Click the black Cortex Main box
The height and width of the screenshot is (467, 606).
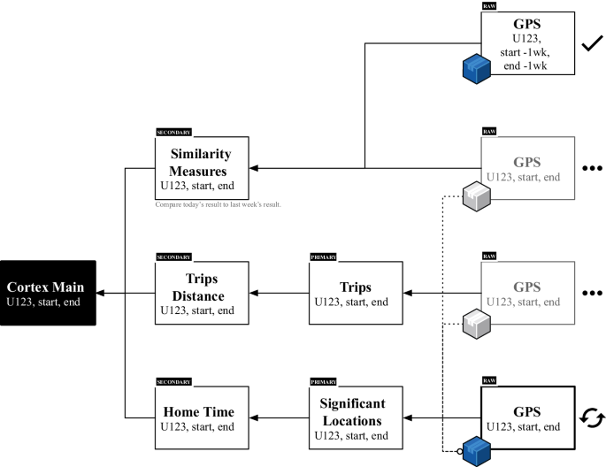49,293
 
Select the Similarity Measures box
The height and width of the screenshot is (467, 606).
202,168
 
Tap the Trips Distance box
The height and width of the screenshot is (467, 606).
202,293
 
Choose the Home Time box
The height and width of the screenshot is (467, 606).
202,417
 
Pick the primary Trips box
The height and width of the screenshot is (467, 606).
356,293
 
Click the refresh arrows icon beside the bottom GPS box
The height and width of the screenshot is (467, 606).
590,417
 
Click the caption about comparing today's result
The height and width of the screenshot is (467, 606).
219,205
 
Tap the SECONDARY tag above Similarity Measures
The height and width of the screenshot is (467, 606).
173,133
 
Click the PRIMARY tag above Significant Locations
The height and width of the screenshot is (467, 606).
324,381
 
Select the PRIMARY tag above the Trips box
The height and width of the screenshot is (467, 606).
324,256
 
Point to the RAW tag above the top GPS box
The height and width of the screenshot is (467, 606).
488,6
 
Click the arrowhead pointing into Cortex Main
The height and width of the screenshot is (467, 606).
101,293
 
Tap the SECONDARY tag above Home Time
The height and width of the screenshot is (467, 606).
173,381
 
